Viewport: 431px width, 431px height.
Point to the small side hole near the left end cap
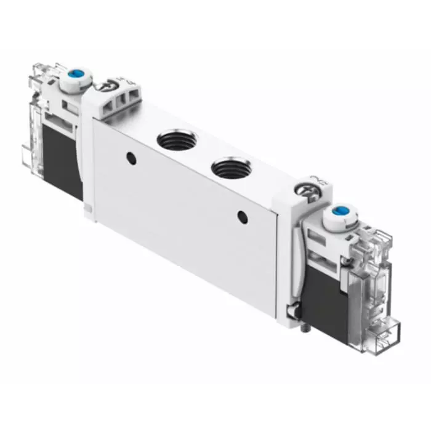pyautogui.click(x=131, y=158)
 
